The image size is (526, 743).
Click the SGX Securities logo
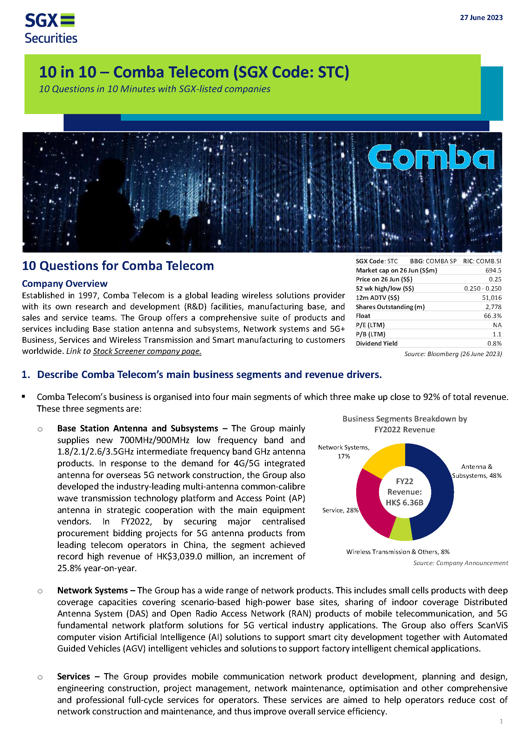point(51,28)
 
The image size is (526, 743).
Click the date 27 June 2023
point(481,18)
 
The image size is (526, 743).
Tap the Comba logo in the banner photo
point(431,158)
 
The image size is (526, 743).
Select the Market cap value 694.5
point(493,270)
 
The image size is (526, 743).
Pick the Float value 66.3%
point(492,316)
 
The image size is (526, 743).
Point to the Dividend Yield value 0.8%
point(494,343)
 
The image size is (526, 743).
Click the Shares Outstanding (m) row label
point(390,307)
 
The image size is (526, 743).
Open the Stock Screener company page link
point(147,351)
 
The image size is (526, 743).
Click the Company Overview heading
point(65,284)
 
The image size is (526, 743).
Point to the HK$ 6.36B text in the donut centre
point(405,503)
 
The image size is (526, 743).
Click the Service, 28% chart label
point(340,510)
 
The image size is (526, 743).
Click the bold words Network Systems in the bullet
point(92,591)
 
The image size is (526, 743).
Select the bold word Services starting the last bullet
point(73,677)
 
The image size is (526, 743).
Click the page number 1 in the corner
point(501,721)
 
